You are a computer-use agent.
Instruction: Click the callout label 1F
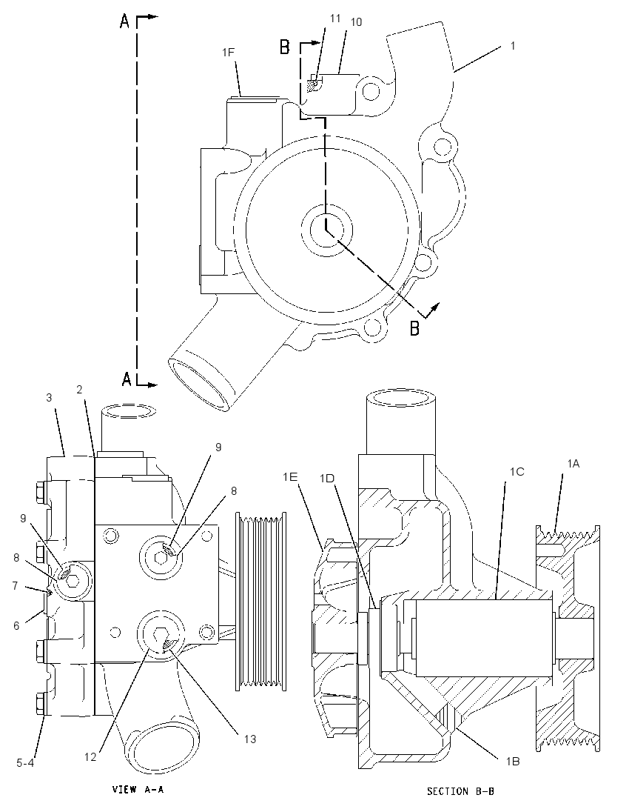tap(229, 52)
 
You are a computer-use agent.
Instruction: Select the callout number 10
tap(356, 21)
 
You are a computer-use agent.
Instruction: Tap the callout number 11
tap(335, 18)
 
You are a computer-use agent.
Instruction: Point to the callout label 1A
tap(573, 464)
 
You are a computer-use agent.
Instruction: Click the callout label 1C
tap(517, 471)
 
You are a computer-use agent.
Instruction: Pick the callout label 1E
tap(289, 476)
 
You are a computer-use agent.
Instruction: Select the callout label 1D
tap(327, 479)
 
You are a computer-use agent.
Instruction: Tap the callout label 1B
tap(513, 762)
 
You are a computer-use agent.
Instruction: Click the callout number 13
tap(250, 739)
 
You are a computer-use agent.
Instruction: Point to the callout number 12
tap(90, 757)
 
